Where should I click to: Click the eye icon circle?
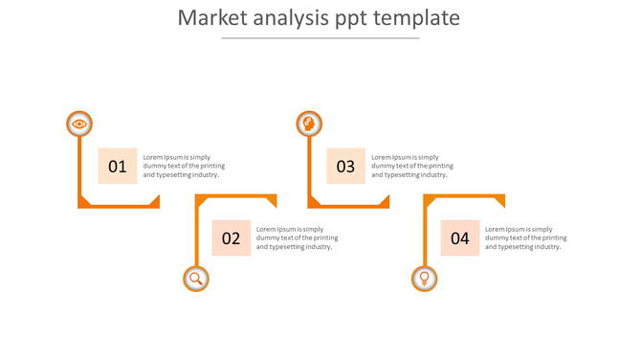point(79,124)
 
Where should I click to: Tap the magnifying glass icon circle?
point(196,279)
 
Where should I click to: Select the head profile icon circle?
point(308,124)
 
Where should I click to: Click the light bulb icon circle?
point(425,279)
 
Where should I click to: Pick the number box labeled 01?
point(118,166)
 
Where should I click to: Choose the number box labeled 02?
point(232,238)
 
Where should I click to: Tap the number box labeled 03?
point(345,166)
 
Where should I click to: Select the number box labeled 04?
point(460,238)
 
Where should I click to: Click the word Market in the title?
point(211,18)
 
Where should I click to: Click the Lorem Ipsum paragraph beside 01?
point(183,166)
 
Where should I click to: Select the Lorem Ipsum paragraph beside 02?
point(297,238)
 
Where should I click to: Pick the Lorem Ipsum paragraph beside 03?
point(411,166)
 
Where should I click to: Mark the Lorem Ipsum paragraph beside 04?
point(525,238)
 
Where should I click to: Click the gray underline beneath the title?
point(320,38)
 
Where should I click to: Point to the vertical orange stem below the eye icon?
point(79,168)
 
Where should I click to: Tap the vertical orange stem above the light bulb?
point(425,235)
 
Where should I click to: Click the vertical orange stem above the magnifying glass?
point(196,235)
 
